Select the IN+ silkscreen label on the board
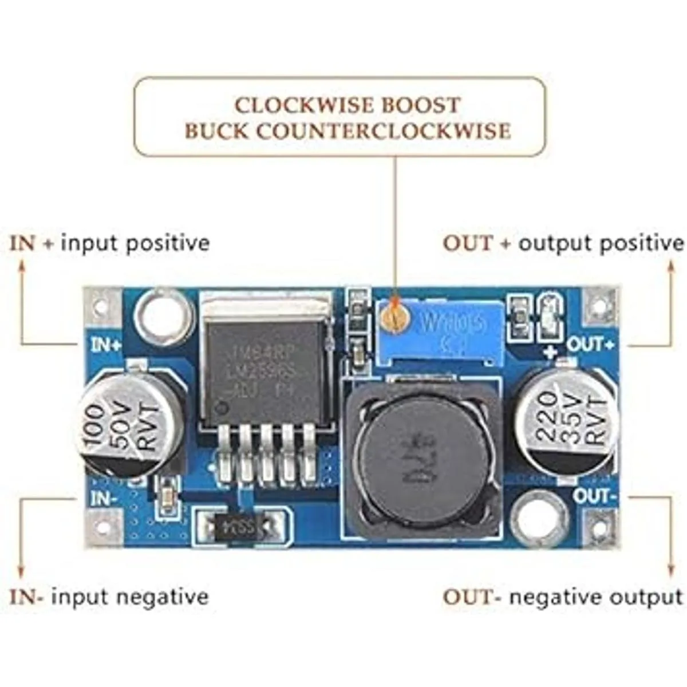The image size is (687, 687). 106,345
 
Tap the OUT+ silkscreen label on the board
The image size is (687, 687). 590,345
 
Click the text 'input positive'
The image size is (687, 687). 135,243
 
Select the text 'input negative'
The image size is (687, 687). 130,597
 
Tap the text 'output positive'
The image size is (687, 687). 601,243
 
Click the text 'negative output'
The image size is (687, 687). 596,597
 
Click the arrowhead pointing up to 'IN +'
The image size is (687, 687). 22,265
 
